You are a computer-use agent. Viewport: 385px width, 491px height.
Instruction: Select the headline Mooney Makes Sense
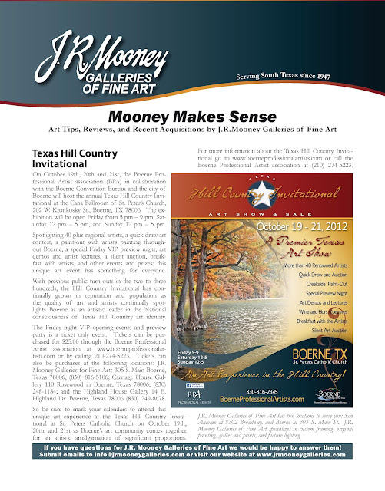coord(191,117)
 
